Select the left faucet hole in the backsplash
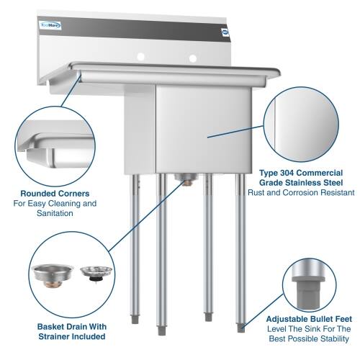pyautogui.click(x=141, y=55)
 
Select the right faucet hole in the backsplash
pyautogui.click(x=192, y=58)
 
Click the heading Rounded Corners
pyautogui.click(x=55, y=193)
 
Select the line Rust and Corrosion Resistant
pyautogui.click(x=300, y=193)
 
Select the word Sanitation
pyautogui.click(x=55, y=214)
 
